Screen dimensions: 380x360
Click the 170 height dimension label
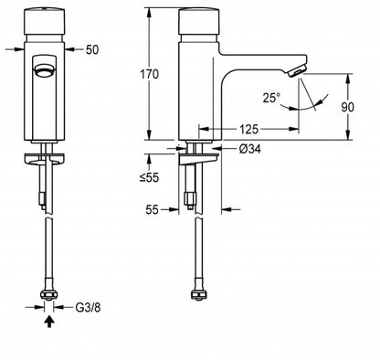point(149,74)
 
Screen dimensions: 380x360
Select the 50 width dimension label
point(92,49)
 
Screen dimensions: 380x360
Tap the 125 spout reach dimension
point(248,129)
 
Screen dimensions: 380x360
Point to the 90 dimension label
point(347,107)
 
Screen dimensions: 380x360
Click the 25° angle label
point(271,98)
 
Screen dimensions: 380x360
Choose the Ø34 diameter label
point(249,149)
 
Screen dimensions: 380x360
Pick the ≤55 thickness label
point(150,177)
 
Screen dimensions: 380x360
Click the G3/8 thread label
point(88,307)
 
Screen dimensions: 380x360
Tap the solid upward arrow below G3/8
point(49,322)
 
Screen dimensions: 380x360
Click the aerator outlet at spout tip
point(296,71)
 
